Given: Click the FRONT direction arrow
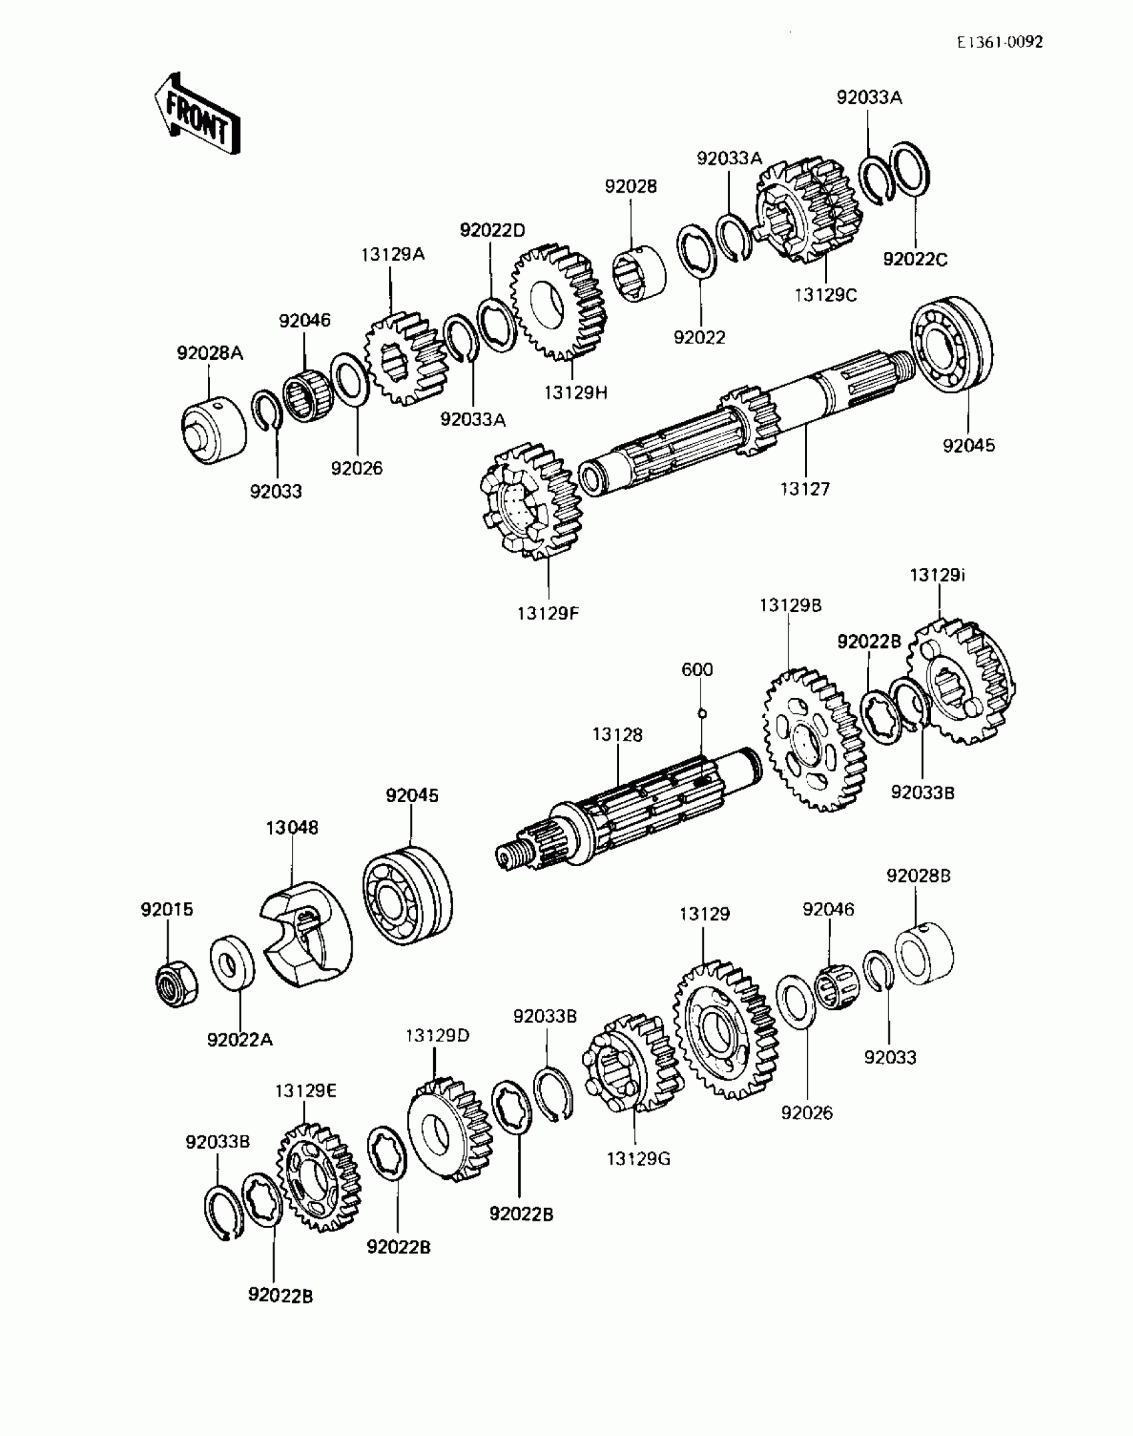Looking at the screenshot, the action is point(197,114).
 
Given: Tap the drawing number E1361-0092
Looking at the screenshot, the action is point(1000,43).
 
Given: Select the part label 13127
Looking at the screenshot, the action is point(805,489).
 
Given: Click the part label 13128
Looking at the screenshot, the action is point(617,735).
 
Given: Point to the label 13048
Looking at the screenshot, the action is point(292,827).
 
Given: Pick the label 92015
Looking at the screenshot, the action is point(167,909).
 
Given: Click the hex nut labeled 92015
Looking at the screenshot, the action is point(176,983).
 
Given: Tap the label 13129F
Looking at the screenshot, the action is point(548,613).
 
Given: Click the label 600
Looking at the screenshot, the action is point(697,669).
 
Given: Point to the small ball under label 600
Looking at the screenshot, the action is point(701,714).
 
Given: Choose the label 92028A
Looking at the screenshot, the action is point(209,353).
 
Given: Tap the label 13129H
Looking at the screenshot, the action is point(575,393).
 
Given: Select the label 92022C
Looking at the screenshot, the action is point(914,259).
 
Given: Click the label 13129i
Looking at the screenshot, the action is point(938,575).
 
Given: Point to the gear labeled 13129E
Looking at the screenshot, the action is point(318,1177).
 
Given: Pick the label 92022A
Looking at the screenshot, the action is point(240,1039).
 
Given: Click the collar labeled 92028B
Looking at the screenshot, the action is point(924,954).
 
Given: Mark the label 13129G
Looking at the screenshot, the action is point(638,1159).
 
